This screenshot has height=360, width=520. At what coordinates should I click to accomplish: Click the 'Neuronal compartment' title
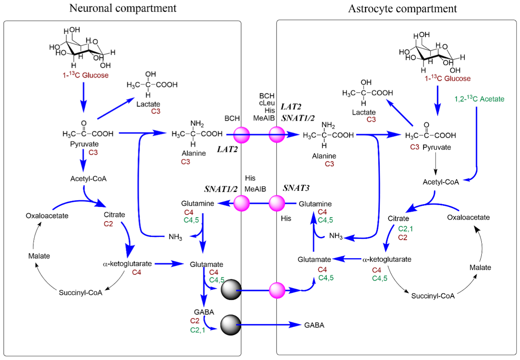pyautogui.click(x=123, y=8)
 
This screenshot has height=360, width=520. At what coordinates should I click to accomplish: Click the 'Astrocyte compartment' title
pyautogui.click(x=402, y=9)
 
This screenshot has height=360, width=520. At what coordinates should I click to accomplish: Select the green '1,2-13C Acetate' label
pyautogui.click(x=479, y=99)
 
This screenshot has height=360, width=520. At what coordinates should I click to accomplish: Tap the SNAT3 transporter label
pyautogui.click(x=296, y=188)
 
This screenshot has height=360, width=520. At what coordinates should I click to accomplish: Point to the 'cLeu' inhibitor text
pyautogui.click(x=267, y=103)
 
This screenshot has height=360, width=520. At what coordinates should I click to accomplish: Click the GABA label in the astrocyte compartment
pyautogui.click(x=314, y=325)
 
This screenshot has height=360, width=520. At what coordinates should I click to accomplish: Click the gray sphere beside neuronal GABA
pyautogui.click(x=231, y=325)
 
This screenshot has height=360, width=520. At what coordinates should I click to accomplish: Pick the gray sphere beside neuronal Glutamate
pyautogui.click(x=231, y=289)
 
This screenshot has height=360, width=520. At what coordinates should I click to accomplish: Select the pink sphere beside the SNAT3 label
pyautogui.click(x=277, y=203)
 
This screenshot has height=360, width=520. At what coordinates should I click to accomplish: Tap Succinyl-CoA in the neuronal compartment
pyautogui.click(x=80, y=293)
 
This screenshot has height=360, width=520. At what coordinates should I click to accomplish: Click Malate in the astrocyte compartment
pyautogui.click(x=480, y=267)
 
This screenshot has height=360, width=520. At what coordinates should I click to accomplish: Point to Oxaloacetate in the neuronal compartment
pyautogui.click(x=47, y=216)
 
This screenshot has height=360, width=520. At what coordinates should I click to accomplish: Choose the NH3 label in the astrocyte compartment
pyautogui.click(x=336, y=236)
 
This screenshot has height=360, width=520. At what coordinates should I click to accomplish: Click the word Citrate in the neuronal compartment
pyautogui.click(x=114, y=215)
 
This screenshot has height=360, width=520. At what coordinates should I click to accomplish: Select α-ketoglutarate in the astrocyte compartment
pyautogui.click(x=387, y=259)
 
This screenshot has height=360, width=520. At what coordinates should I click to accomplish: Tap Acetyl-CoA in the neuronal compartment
pyautogui.click(x=88, y=179)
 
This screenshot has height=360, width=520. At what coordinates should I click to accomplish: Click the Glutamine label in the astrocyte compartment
pyautogui.click(x=315, y=204)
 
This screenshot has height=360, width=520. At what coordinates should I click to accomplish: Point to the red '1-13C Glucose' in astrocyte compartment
pyautogui.click(x=447, y=78)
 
